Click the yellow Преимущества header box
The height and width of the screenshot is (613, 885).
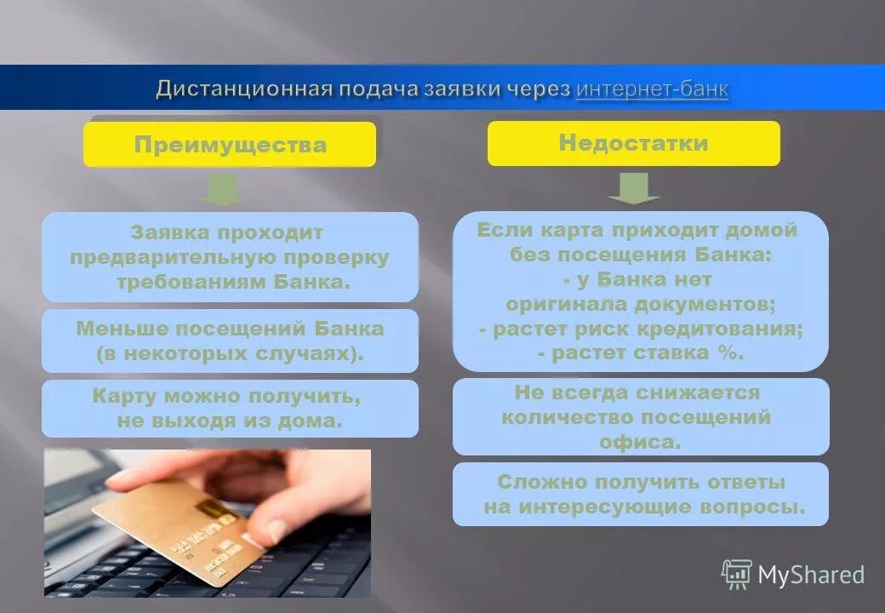tap(230, 144)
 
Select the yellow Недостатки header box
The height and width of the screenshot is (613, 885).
tap(633, 143)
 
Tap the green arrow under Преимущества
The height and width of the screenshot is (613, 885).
tap(223, 188)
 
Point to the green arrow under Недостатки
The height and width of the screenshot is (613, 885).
tap(632, 187)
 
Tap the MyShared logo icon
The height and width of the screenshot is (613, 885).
tap(736, 574)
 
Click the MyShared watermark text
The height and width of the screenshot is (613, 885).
tap(810, 576)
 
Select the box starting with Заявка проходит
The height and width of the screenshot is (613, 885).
tap(230, 256)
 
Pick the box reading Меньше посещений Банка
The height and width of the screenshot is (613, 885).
tap(230, 341)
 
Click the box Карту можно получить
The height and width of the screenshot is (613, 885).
tap(230, 409)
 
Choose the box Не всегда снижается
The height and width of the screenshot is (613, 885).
tap(640, 417)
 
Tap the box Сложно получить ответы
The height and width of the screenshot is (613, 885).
tap(640, 494)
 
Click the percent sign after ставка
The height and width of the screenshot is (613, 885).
tap(729, 352)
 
